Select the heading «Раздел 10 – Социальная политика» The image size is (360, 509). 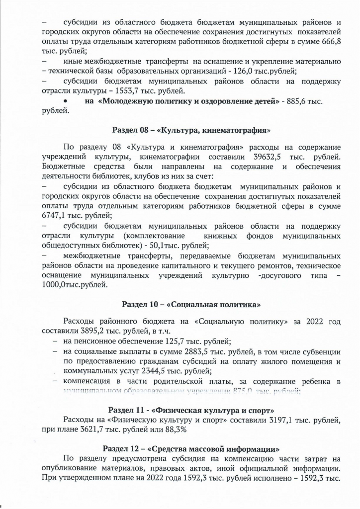(191, 303)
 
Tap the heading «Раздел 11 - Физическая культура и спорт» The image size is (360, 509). (191, 410)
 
